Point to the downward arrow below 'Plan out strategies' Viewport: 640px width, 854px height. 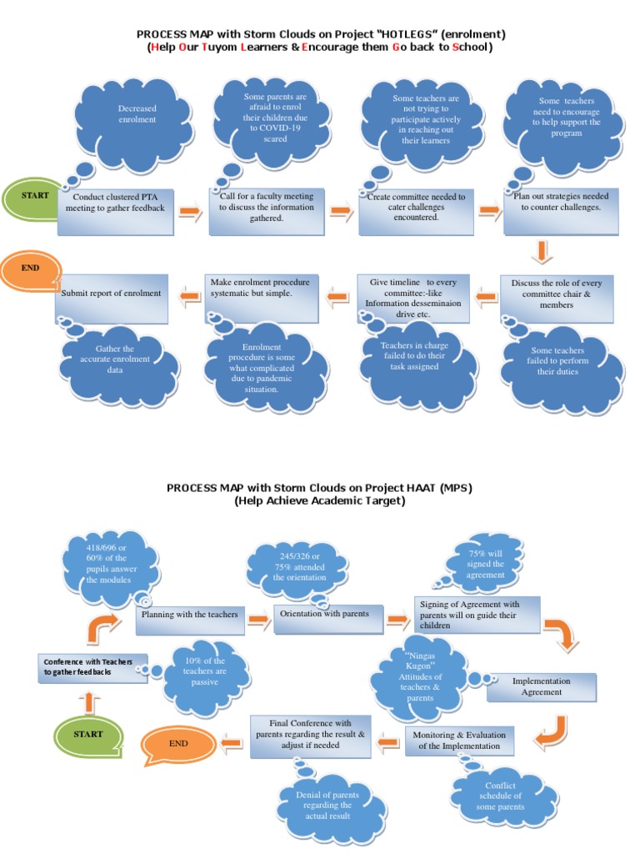click(x=542, y=251)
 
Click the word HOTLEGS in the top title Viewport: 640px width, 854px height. click(x=403, y=34)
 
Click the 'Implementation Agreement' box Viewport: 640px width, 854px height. click(x=541, y=686)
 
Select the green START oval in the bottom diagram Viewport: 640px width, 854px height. click(x=87, y=735)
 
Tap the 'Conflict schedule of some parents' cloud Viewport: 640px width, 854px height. click(x=500, y=796)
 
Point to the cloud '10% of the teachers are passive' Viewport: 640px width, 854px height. click(x=204, y=671)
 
